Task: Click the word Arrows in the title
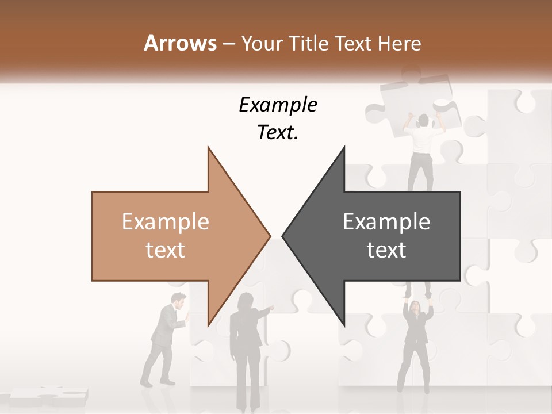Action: [x=180, y=43]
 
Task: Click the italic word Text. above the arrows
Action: [x=278, y=133]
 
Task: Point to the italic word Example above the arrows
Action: [x=278, y=105]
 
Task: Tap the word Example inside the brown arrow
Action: [x=165, y=222]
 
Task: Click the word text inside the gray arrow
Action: [x=386, y=250]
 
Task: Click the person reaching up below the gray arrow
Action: [x=417, y=339]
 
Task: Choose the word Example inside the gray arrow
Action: [x=386, y=222]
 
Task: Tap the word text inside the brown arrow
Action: [x=165, y=250]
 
